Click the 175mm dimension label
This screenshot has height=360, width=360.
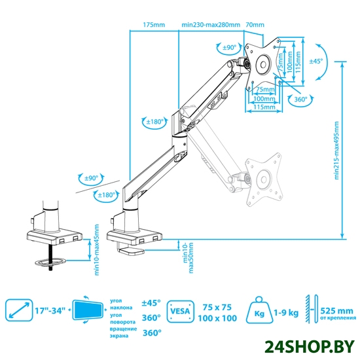[x=154, y=25]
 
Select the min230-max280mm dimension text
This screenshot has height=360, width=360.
[x=211, y=25]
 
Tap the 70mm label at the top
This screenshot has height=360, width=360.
[x=255, y=25]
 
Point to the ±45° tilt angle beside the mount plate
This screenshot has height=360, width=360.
[x=316, y=61]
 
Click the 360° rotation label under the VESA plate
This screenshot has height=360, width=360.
[x=301, y=99]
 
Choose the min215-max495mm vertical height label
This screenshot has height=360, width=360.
[x=336, y=151]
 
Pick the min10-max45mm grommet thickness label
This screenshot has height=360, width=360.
[x=97, y=250]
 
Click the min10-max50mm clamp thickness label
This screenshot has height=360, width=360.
[x=188, y=258]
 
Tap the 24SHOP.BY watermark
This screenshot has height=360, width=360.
[x=309, y=347]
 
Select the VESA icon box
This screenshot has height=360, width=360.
[x=181, y=312]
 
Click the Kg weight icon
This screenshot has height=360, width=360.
[x=259, y=310]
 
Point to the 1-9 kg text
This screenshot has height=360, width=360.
[x=286, y=312]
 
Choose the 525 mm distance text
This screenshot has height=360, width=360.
[x=336, y=311]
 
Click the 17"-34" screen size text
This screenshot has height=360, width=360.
[x=50, y=311]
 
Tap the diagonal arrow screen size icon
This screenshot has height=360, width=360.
[x=19, y=310]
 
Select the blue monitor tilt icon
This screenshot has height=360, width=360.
[x=88, y=310]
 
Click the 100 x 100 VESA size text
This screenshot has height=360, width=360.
[x=217, y=318]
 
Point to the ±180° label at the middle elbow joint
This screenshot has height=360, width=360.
[x=155, y=122]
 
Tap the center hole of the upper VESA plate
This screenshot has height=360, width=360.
[x=263, y=65]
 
